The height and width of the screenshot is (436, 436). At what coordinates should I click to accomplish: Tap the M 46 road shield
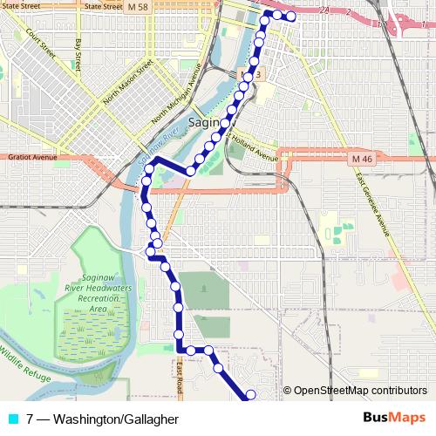click(364, 160)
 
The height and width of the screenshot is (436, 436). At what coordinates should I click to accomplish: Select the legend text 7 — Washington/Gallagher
click(103, 419)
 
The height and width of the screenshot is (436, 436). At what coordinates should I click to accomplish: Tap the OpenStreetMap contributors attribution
click(360, 390)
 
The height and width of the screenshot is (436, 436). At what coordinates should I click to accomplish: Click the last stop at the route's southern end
click(251, 395)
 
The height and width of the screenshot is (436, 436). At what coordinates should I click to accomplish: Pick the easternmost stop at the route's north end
click(292, 17)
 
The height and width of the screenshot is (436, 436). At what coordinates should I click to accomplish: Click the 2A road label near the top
click(324, 10)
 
